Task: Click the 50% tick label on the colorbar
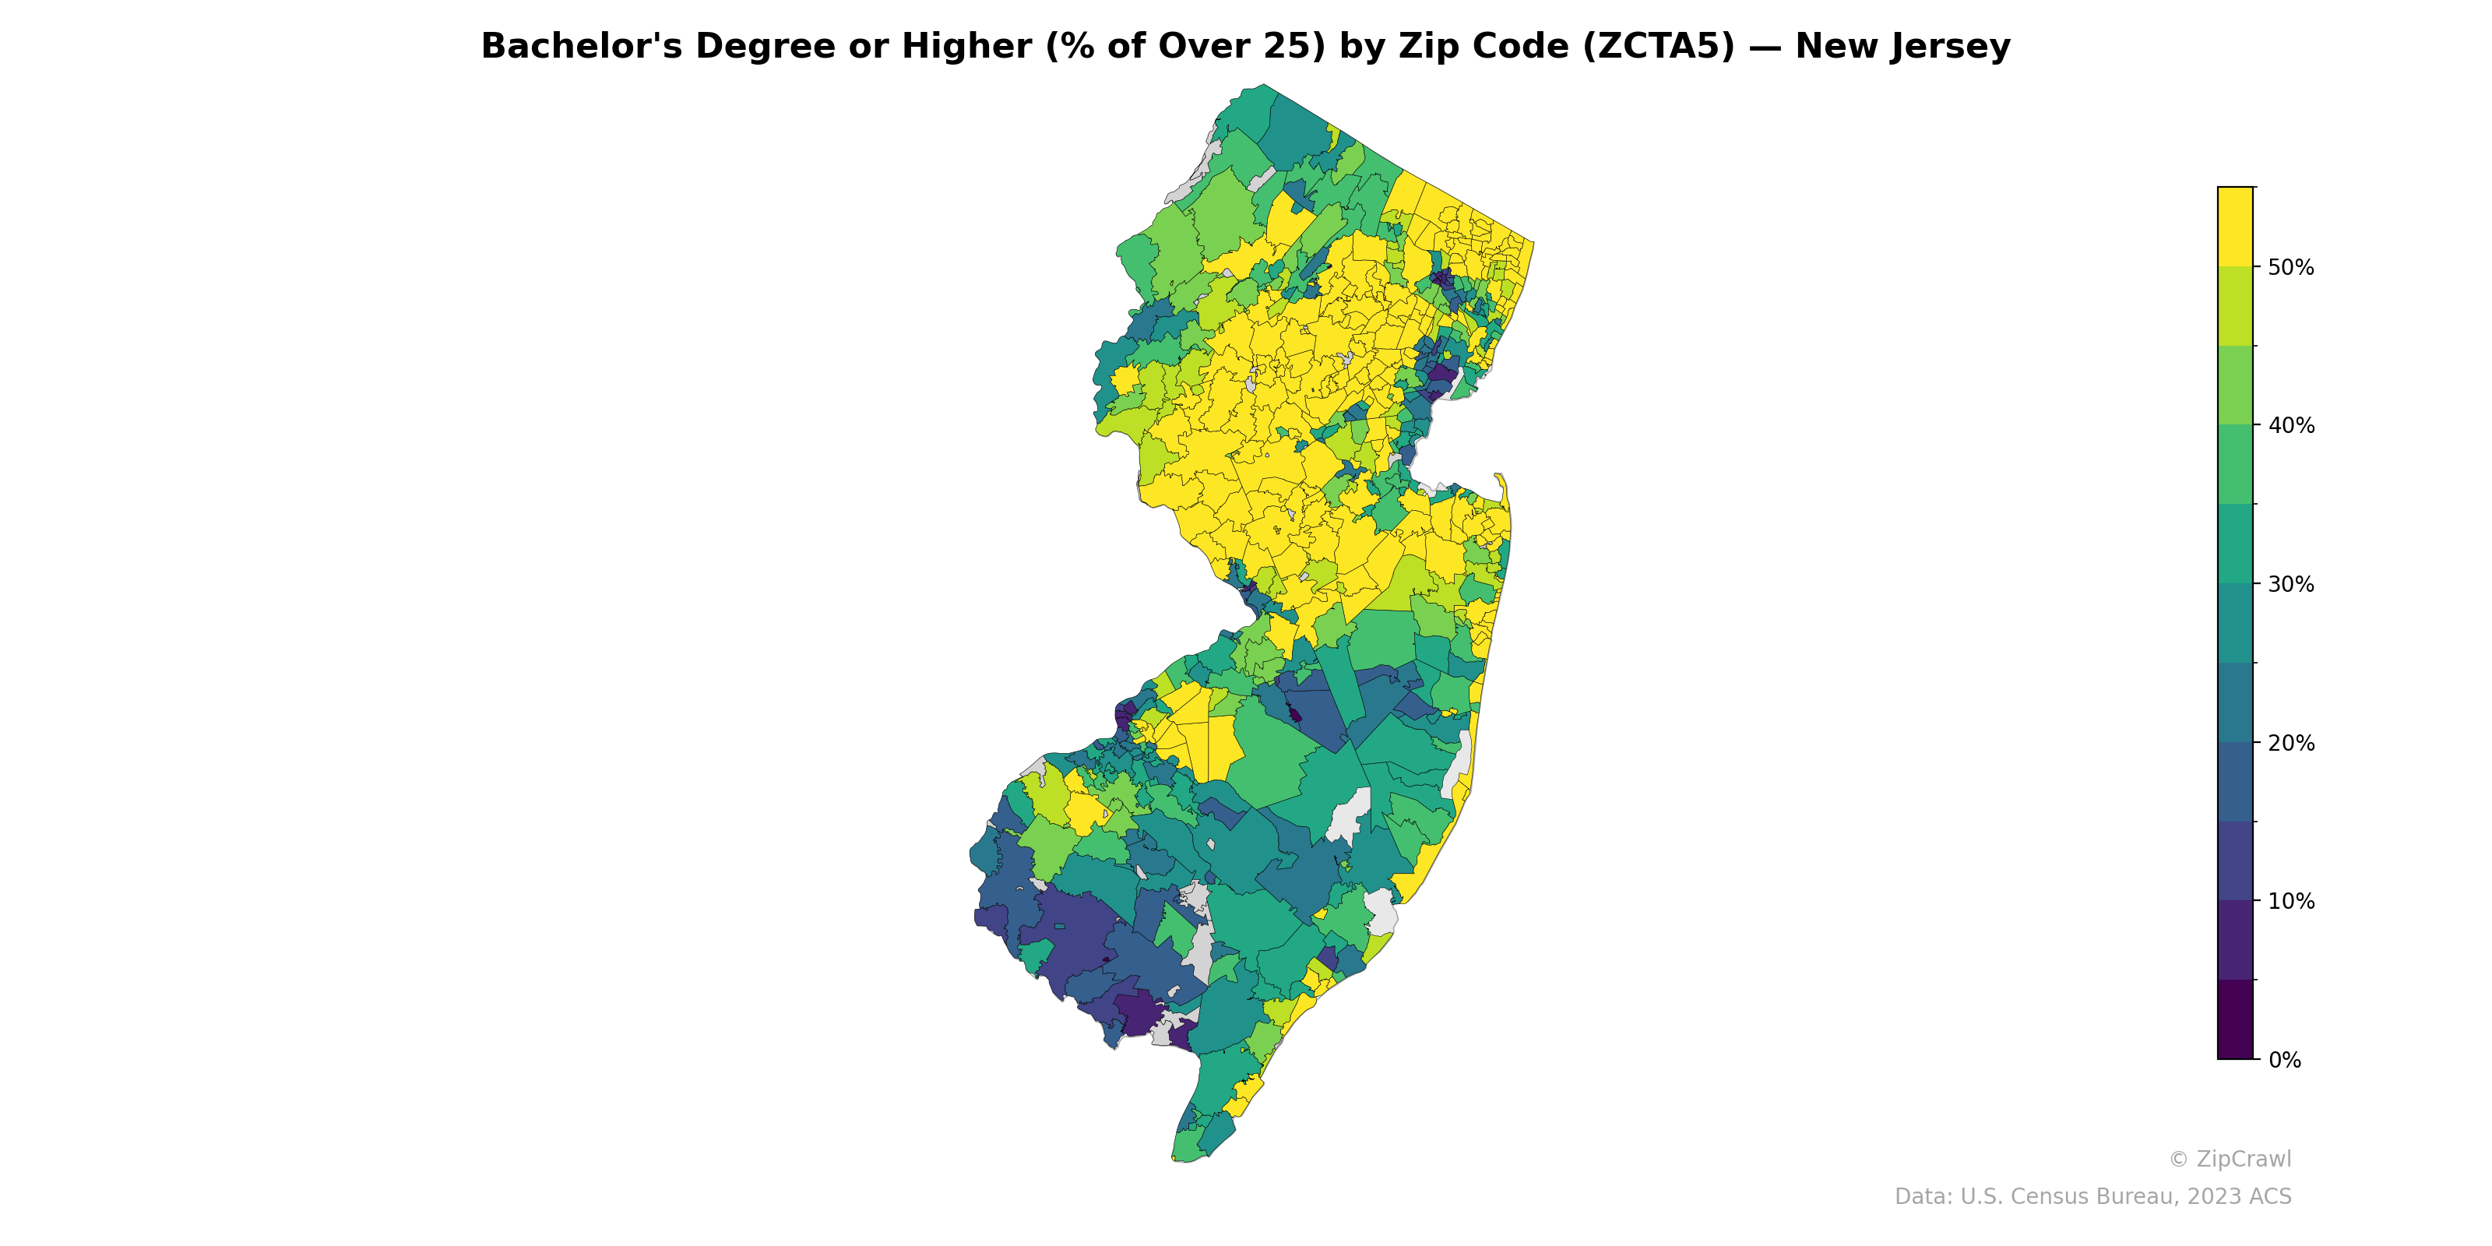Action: [x=2291, y=268]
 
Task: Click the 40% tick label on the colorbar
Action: [x=2291, y=426]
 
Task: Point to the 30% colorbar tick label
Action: [x=2291, y=584]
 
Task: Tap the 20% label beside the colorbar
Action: [x=2291, y=743]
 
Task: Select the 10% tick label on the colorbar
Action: [x=2291, y=902]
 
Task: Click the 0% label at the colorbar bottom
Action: [x=2284, y=1060]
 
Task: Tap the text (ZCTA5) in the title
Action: [x=1658, y=47]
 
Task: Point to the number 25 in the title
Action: [x=1294, y=47]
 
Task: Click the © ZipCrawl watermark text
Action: [x=2230, y=1159]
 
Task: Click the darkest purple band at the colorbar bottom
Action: [x=2236, y=1019]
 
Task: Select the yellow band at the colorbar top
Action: [x=2236, y=227]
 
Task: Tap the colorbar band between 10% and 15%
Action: [x=2236, y=861]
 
